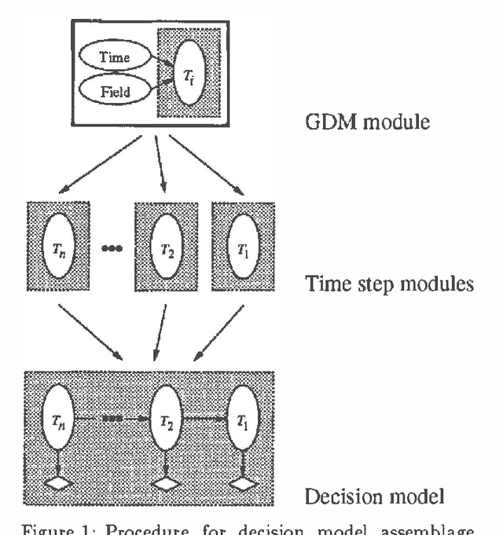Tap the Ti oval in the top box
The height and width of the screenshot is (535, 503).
(x=189, y=72)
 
